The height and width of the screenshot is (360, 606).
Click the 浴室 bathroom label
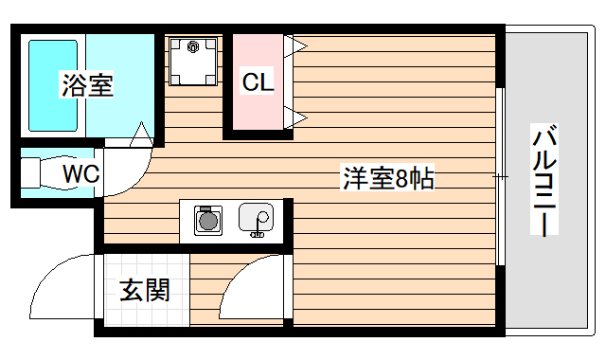[87, 85]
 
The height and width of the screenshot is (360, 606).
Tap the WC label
[80, 173]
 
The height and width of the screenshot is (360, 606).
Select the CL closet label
[258, 82]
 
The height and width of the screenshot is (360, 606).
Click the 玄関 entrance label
[145, 290]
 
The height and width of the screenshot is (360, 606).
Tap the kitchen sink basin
[256, 219]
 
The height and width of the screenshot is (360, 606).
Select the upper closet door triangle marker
[297, 45]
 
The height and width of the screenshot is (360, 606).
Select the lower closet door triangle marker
[297, 118]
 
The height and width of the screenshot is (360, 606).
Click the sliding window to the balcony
[499, 177]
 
